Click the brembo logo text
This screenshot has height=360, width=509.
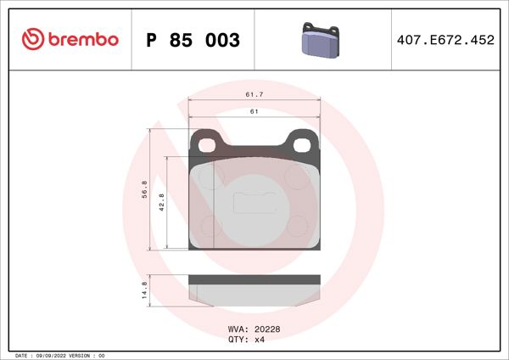click(83, 39)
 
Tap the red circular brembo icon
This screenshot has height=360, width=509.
click(32, 39)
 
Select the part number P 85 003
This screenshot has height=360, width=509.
click(193, 40)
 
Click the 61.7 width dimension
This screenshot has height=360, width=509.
click(254, 95)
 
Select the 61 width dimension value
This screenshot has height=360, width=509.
click(254, 112)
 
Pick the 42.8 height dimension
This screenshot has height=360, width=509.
click(162, 204)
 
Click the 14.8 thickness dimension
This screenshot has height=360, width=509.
click(144, 291)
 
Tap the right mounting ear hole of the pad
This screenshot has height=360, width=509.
click(301, 143)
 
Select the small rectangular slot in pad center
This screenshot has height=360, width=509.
click(253, 203)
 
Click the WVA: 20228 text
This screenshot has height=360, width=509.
click(253, 329)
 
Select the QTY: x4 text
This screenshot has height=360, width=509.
click(247, 339)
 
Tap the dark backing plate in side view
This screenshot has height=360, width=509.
click(255, 278)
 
